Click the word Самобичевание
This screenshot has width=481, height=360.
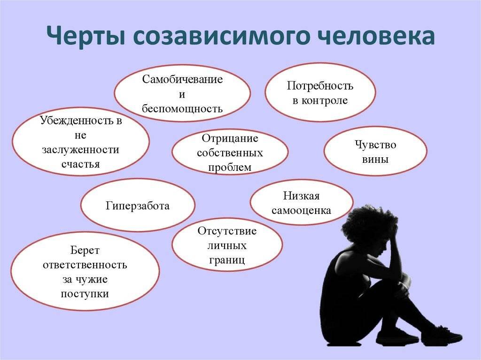pos(182,79)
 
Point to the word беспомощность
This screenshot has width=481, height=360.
pos(182,109)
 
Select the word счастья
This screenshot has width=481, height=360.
pos(80,164)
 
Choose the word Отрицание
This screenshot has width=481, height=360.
pos(230,138)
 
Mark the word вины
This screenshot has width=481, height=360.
pos(375,159)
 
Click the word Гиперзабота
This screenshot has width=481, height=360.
pos(137,206)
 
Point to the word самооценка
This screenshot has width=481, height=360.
pos(301,210)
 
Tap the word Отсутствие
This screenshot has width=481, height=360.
pos(227,231)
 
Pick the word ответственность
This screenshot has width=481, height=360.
pos(85,265)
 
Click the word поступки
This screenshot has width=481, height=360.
pos(85,294)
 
